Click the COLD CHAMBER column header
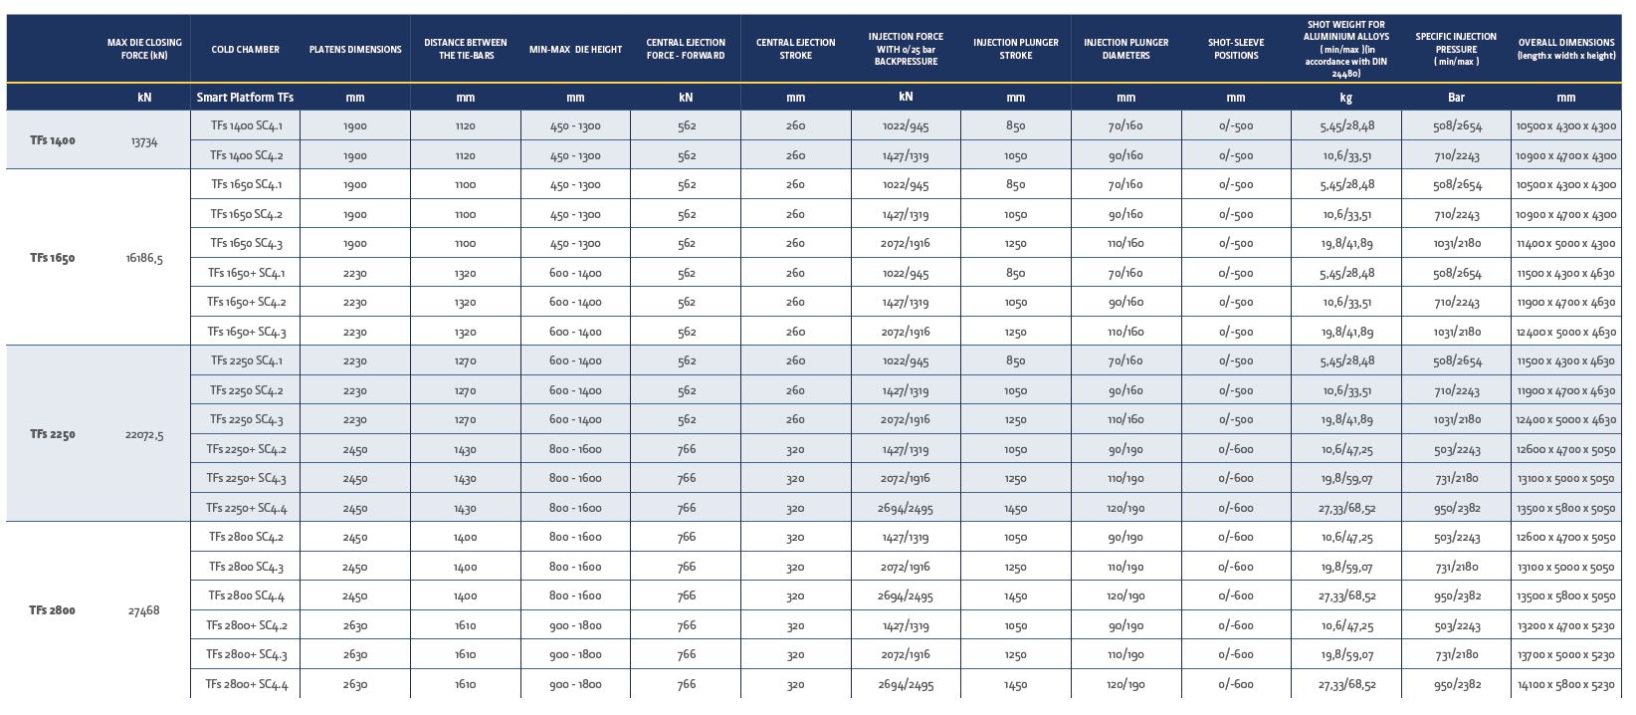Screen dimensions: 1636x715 pyautogui.click(x=246, y=50)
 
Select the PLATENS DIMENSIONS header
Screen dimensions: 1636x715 pyautogui.click(x=355, y=50)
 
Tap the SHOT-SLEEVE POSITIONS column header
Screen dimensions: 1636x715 pyautogui.click(x=1236, y=49)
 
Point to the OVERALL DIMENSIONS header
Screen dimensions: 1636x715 pyautogui.click(x=1566, y=49)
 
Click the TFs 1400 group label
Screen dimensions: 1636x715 pyautogui.click(x=53, y=140)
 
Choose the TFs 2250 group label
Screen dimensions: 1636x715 pyautogui.click(x=53, y=434)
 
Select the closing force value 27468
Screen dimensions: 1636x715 pyautogui.click(x=144, y=610)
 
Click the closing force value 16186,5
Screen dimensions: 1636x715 pyautogui.click(x=144, y=258)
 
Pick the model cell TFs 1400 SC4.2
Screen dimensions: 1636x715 pyautogui.click(x=246, y=155)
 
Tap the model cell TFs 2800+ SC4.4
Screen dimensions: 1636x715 pyautogui.click(x=246, y=684)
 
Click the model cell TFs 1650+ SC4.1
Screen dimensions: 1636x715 pyautogui.click(x=246, y=273)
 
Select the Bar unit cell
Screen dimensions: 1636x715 pyautogui.click(x=1456, y=98)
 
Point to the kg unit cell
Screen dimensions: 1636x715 pyautogui.click(x=1346, y=98)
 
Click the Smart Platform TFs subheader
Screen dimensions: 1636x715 pyautogui.click(x=246, y=98)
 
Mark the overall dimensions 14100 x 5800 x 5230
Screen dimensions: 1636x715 pyautogui.click(x=1566, y=684)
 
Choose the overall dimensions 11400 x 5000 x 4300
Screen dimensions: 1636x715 pyautogui.click(x=1566, y=243)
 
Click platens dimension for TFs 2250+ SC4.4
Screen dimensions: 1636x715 pyautogui.click(x=355, y=508)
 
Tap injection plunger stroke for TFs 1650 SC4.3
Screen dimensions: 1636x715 pyautogui.click(x=1015, y=243)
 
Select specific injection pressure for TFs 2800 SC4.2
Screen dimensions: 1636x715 pyautogui.click(x=1456, y=538)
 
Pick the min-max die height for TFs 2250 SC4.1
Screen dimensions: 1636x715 pyautogui.click(x=575, y=361)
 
